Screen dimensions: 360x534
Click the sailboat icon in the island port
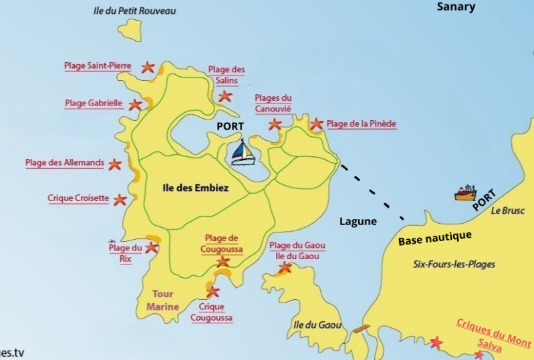click(x=243, y=153)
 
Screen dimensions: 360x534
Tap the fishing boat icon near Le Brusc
click(x=465, y=193)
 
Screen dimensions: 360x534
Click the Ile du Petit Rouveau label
click(x=135, y=11)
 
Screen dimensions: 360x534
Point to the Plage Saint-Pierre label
click(x=98, y=66)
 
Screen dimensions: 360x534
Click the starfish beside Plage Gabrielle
click(x=136, y=104)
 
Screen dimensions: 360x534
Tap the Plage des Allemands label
click(x=65, y=163)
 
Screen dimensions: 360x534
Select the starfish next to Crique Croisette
click(x=120, y=199)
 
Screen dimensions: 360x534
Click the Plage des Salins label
click(x=227, y=75)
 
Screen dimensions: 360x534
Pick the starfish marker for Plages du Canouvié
click(x=275, y=124)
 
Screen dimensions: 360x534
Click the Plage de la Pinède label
click(x=362, y=124)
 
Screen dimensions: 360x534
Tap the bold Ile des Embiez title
click(x=196, y=188)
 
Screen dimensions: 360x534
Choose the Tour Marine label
click(x=163, y=301)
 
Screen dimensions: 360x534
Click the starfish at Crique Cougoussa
click(x=213, y=291)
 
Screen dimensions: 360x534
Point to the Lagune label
click(x=358, y=222)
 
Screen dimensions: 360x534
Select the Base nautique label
click(x=434, y=236)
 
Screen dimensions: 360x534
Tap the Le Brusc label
click(x=508, y=210)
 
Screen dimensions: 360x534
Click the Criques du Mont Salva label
click(x=493, y=332)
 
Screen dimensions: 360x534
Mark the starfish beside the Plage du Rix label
click(x=152, y=247)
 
